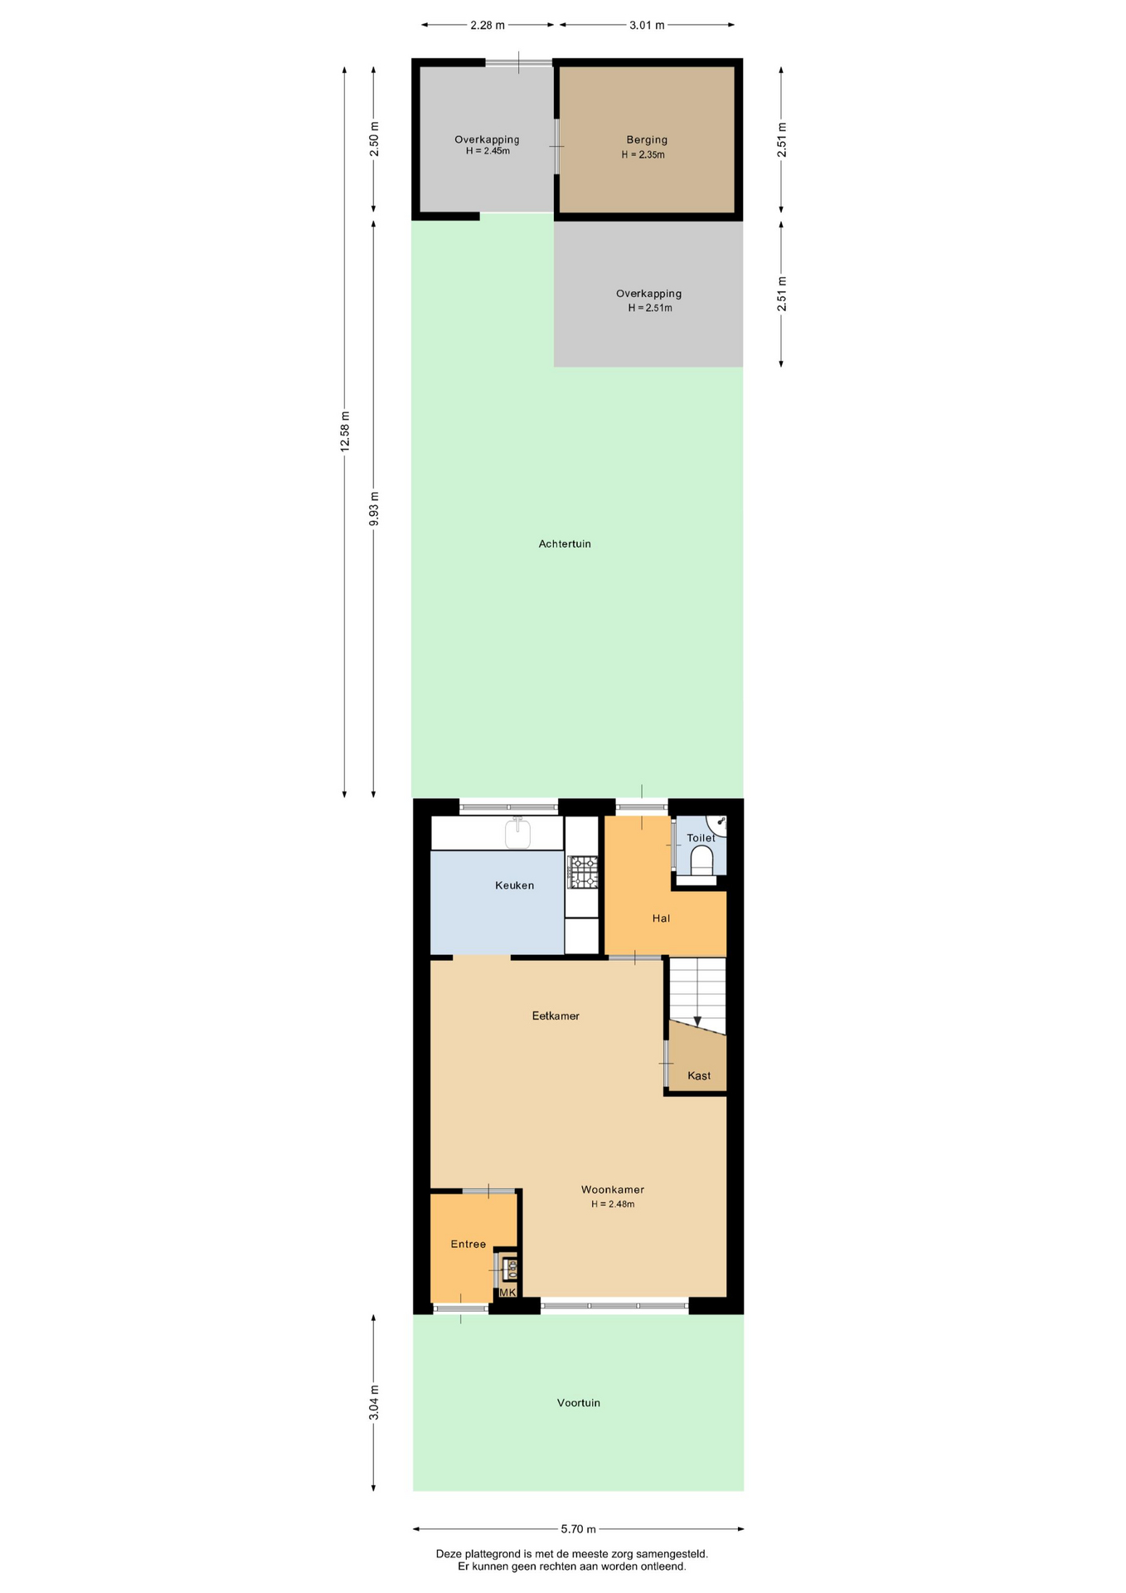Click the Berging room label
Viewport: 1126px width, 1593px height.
pyautogui.click(x=647, y=140)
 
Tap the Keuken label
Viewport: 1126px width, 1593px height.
pyautogui.click(x=515, y=885)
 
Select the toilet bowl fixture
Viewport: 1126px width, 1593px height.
pyautogui.click(x=702, y=860)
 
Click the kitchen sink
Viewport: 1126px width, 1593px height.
pyautogui.click(x=518, y=833)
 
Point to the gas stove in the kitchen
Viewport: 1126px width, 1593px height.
pyautogui.click(x=583, y=873)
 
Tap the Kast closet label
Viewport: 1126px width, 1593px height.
pyautogui.click(x=699, y=1076)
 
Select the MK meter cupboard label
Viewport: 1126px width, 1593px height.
pyautogui.click(x=507, y=1293)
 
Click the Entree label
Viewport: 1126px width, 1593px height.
pyautogui.click(x=468, y=1245)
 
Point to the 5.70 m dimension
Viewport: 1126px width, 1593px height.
pyautogui.click(x=579, y=1529)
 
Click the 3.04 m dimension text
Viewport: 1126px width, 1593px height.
pyautogui.click(x=374, y=1403)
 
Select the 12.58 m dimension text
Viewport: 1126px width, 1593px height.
pyautogui.click(x=345, y=431)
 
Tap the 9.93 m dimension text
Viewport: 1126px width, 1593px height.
pyautogui.click(x=374, y=509)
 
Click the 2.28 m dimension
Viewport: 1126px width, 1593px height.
pyautogui.click(x=488, y=25)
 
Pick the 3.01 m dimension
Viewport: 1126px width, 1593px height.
pyautogui.click(x=647, y=25)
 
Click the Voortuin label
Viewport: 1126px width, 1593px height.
pyautogui.click(x=579, y=1403)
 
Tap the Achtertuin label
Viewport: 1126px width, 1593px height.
pyautogui.click(x=565, y=544)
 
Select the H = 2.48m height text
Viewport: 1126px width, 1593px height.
pyautogui.click(x=613, y=1205)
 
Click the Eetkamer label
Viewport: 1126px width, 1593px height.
pyautogui.click(x=556, y=1016)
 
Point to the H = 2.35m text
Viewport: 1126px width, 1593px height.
pyautogui.click(x=643, y=155)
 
